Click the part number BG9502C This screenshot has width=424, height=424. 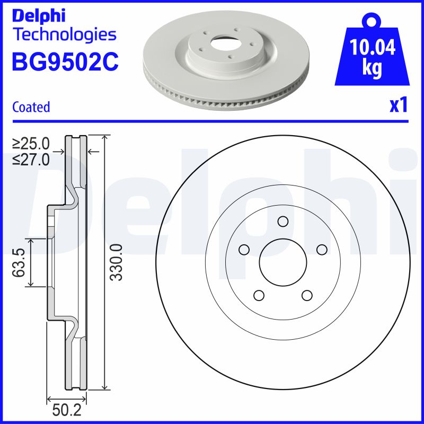coord(65,62)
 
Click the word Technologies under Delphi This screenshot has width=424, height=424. coord(64,34)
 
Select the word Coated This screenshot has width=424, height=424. coord(31,107)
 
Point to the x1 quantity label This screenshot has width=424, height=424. coord(399,106)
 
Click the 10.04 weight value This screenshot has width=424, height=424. coord(373,49)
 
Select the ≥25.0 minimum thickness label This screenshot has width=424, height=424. coord(31,143)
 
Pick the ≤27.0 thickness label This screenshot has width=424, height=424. coord(31,158)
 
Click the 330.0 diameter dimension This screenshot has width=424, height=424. coord(118,262)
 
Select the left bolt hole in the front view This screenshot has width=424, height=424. coord(244,249)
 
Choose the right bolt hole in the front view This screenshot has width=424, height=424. coord(321,249)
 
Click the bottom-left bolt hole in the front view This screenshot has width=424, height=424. coord(259,295)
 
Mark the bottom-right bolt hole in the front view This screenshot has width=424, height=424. coord(306,295)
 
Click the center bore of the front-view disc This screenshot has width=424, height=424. coord(282,262)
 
